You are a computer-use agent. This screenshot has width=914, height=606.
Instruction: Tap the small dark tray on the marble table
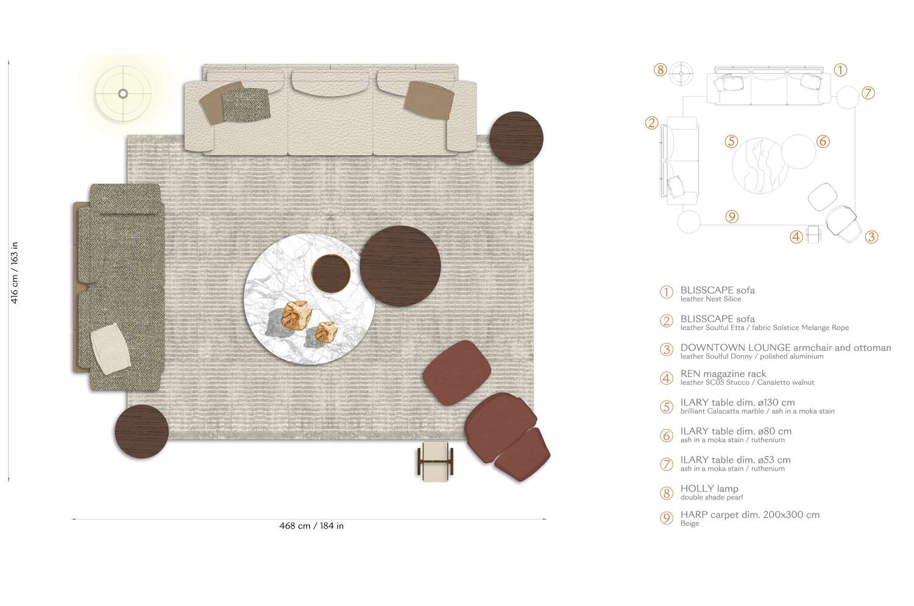[x=332, y=274]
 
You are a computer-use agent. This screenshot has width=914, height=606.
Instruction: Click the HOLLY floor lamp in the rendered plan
[x=123, y=94]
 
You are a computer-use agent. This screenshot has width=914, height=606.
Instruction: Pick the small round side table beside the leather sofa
[x=516, y=138]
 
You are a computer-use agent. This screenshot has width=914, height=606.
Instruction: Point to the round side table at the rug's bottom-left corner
[x=141, y=431]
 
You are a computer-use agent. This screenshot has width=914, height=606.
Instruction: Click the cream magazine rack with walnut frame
[x=436, y=461]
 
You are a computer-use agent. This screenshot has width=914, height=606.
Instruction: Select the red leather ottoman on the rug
[x=457, y=372]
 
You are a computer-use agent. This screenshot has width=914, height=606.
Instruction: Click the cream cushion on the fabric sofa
[x=111, y=349]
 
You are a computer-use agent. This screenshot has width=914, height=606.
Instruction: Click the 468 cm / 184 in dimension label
[x=311, y=526]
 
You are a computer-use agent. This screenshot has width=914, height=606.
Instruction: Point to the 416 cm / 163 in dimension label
[x=15, y=272]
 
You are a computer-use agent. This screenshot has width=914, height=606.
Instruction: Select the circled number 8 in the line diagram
[x=661, y=69]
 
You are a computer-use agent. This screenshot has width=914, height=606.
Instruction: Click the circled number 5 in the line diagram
[x=731, y=142]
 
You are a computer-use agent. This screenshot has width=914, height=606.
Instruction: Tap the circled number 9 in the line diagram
[x=732, y=216]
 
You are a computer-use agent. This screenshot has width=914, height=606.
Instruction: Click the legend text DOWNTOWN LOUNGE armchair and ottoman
[x=785, y=348]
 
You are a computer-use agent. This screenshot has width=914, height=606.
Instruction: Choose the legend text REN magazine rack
[x=723, y=374]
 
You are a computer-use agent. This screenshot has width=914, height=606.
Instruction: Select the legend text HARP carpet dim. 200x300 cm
[x=749, y=515]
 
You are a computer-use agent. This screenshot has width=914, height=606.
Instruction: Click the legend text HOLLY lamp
[x=709, y=488]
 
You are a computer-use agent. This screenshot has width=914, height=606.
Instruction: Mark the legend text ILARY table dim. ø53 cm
[x=735, y=460]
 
